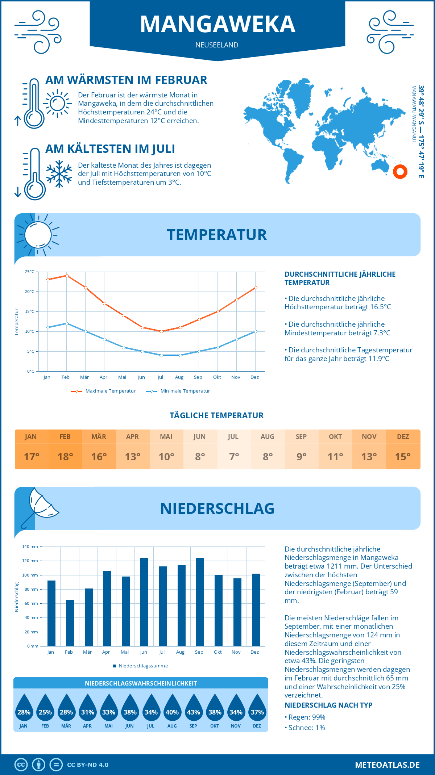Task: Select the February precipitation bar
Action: click(70, 623)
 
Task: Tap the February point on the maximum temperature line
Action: click(67, 276)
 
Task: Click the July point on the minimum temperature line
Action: click(161, 355)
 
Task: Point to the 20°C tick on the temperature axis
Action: click(30, 292)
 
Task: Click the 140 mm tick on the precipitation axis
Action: click(30, 546)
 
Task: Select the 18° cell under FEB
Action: click(65, 457)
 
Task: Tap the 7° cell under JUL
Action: click(234, 457)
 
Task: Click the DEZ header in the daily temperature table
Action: click(403, 437)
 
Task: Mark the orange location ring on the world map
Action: click(400, 172)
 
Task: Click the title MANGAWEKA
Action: click(217, 24)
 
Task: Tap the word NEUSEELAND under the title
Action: click(217, 45)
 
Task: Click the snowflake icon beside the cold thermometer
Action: click(59, 173)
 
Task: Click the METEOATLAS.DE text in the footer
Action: click(387, 765)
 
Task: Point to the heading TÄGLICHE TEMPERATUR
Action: click(217, 415)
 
